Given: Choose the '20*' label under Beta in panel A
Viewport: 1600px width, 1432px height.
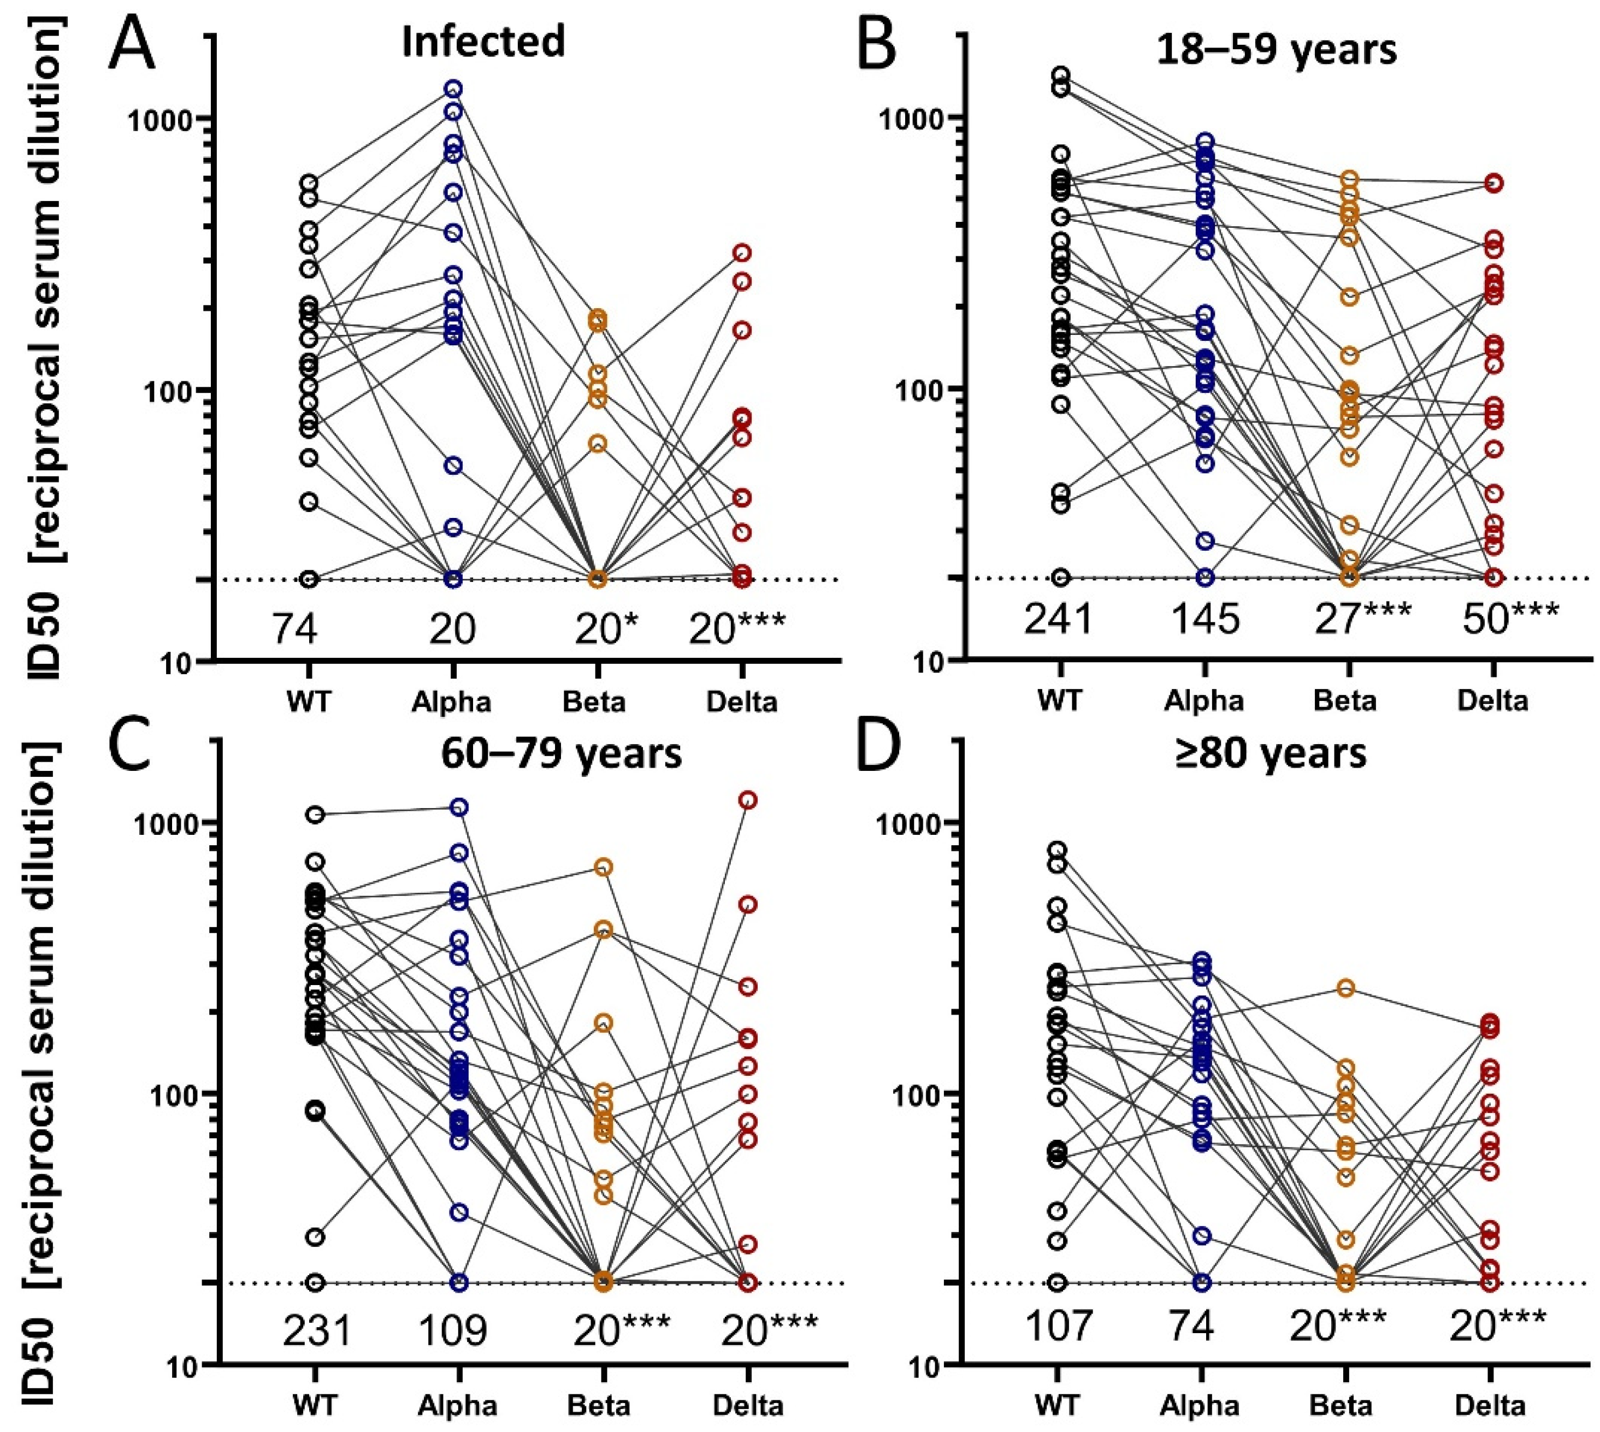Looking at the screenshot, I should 606,629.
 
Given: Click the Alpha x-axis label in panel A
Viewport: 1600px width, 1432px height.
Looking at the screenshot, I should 452,700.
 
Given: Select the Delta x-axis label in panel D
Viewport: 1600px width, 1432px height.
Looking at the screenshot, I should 1491,1405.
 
